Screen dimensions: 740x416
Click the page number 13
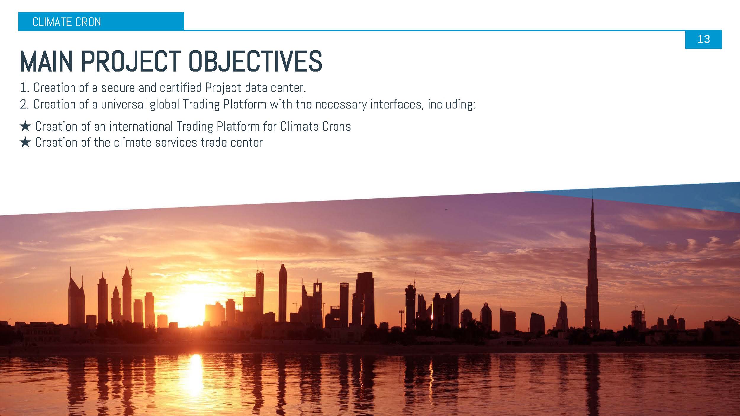point(704,39)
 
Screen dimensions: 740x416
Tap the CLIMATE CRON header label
point(67,22)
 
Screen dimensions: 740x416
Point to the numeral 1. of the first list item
point(24,88)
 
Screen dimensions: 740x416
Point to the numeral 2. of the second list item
point(24,104)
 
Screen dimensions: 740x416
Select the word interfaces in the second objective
point(397,104)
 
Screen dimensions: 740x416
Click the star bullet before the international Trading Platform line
point(25,127)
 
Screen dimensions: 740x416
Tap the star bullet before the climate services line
point(25,143)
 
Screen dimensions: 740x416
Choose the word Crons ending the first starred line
point(336,127)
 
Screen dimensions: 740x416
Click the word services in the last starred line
point(176,143)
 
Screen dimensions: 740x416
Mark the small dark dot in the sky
point(446,210)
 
